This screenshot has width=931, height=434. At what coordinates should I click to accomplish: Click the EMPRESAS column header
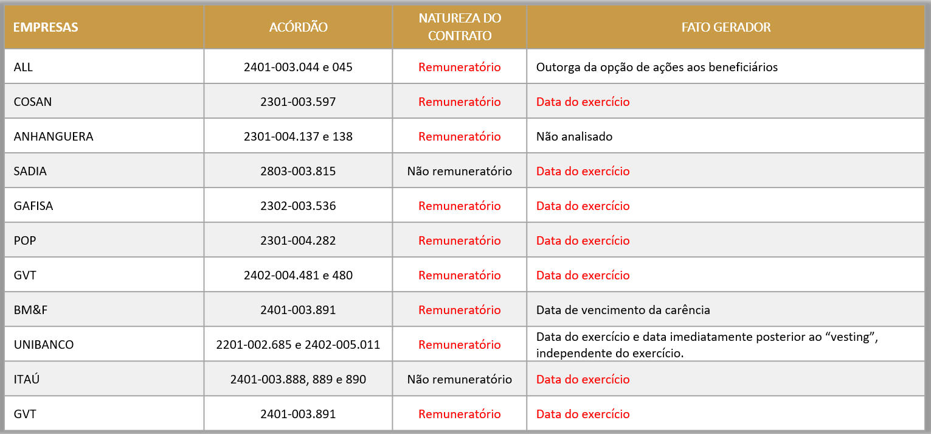[46, 27]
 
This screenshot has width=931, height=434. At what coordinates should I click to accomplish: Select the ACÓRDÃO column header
[298, 27]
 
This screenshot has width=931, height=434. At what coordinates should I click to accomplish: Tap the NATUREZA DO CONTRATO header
[460, 27]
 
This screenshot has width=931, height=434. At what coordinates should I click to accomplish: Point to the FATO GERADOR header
[725, 27]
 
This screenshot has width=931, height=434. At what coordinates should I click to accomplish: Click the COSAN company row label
[33, 102]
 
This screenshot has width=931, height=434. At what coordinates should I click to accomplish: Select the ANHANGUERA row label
[54, 136]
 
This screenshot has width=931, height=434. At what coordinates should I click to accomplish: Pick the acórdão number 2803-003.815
[298, 171]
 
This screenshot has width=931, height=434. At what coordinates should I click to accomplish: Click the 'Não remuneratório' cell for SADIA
[460, 171]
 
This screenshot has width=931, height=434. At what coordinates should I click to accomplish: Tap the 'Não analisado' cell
[574, 136]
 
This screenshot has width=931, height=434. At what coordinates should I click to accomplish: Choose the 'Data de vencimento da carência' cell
[623, 310]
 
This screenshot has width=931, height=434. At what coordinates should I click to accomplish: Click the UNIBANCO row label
[44, 345]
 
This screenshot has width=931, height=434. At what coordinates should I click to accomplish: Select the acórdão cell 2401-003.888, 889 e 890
[298, 379]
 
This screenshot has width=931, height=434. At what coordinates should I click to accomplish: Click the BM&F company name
[30, 310]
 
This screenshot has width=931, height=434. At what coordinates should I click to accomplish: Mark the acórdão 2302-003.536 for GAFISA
[298, 206]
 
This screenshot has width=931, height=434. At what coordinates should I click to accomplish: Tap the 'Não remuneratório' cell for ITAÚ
[460, 379]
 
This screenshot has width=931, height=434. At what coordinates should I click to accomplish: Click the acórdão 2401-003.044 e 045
[298, 67]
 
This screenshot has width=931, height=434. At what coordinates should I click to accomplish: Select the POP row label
[25, 240]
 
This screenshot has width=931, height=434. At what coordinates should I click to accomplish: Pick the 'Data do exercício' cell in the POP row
[583, 240]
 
